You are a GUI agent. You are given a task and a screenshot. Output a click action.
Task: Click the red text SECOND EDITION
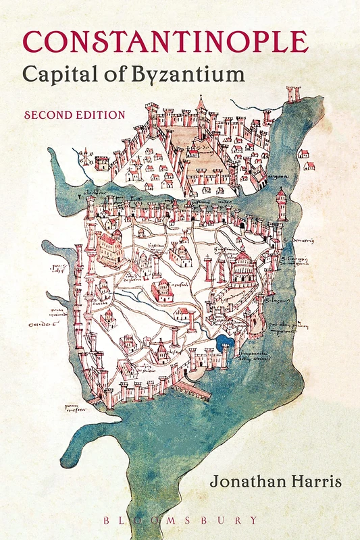[x=74, y=115]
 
